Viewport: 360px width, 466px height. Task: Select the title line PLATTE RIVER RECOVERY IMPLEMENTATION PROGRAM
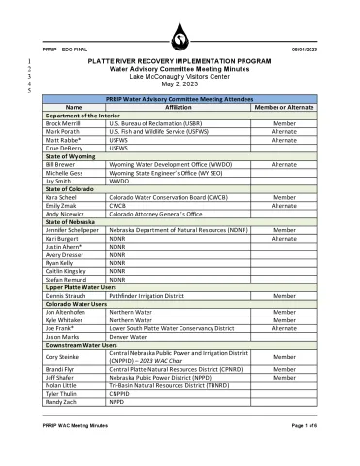click(x=179, y=61)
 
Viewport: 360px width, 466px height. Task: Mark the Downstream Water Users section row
click(x=180, y=344)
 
